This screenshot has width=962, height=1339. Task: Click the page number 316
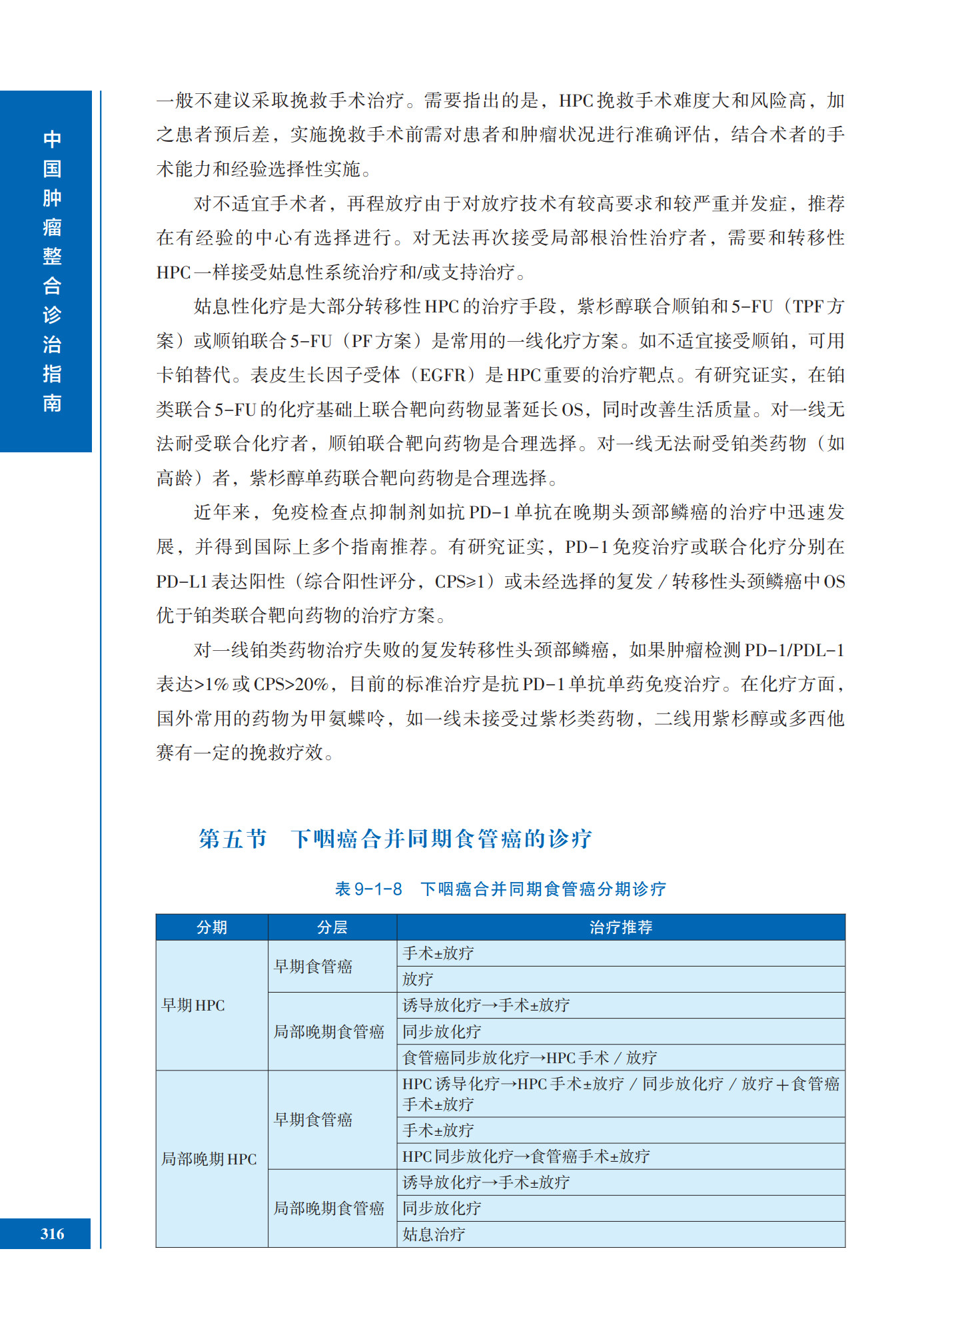coord(52,1234)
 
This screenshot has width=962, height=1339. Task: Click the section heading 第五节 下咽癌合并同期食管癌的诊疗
coord(395,838)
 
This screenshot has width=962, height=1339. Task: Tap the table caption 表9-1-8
coord(368,889)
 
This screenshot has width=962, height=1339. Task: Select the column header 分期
coord(212,927)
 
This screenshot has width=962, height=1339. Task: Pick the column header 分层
coord(332,927)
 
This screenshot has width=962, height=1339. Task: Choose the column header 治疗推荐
coord(621,927)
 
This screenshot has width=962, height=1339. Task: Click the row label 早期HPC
coord(193,1005)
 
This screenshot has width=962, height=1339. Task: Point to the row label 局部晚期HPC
coord(209,1159)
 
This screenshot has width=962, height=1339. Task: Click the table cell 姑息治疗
coord(434,1234)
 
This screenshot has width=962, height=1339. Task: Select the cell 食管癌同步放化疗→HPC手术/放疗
coord(530,1058)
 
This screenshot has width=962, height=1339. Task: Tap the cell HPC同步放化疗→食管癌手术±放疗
coord(526,1156)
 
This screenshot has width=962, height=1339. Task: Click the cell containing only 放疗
coord(418,979)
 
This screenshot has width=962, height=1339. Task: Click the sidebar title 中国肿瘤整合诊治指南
coord(52,271)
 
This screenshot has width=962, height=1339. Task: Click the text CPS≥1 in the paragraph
coord(460,582)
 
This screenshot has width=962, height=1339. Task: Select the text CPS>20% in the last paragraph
coord(291,684)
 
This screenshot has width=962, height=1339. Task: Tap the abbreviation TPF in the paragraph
coord(809,306)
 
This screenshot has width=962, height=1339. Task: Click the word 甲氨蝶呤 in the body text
coord(347,719)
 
